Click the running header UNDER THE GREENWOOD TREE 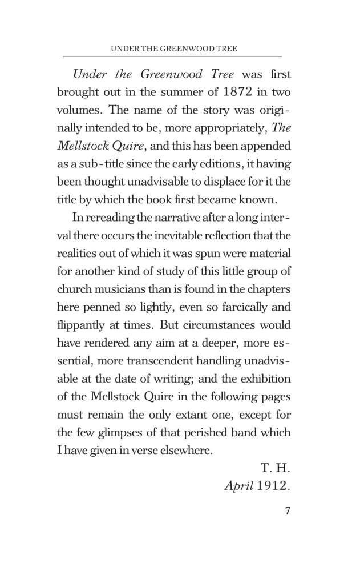pos(173,49)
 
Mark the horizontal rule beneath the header pos(173,57)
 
